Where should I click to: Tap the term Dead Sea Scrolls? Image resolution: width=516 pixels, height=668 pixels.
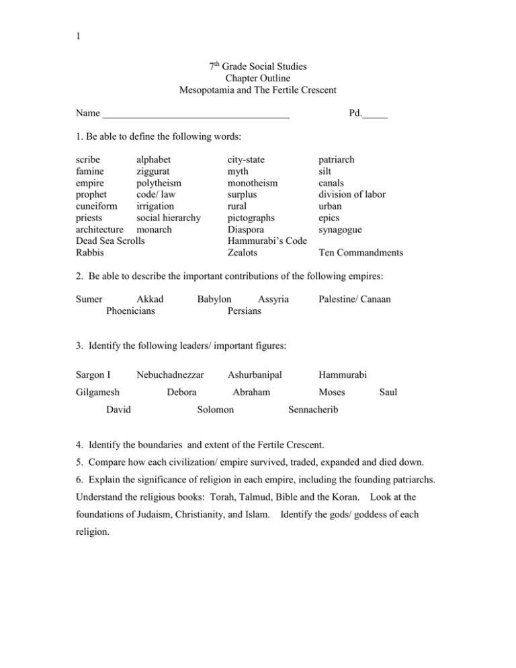tap(111, 240)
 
